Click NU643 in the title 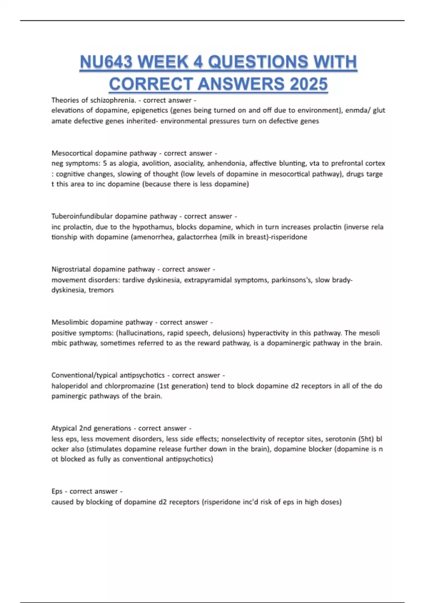106,62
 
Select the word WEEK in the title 163,62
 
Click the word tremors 101,290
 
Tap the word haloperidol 70,386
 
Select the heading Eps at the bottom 57,491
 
